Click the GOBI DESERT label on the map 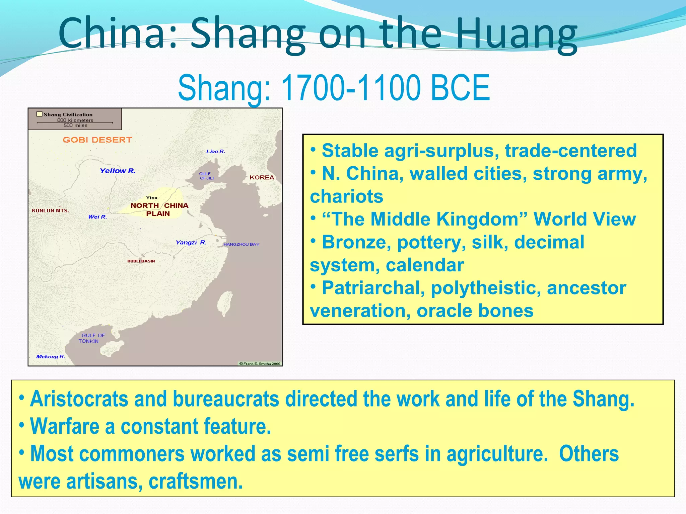[x=97, y=140]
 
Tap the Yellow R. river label [x=118, y=171]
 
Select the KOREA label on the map [x=262, y=177]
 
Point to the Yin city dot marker [x=156, y=198]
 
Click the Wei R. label [x=97, y=217]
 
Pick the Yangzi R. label [x=191, y=242]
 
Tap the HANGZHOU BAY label [x=241, y=244]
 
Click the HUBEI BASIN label [x=141, y=261]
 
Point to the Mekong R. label [x=51, y=356]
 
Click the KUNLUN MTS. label [x=51, y=210]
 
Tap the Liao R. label [x=216, y=152]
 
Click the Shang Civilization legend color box [x=40, y=114]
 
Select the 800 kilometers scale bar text [x=75, y=120]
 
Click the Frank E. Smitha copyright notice [x=260, y=363]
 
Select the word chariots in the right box [x=346, y=196]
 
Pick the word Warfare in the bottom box [x=64, y=426]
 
